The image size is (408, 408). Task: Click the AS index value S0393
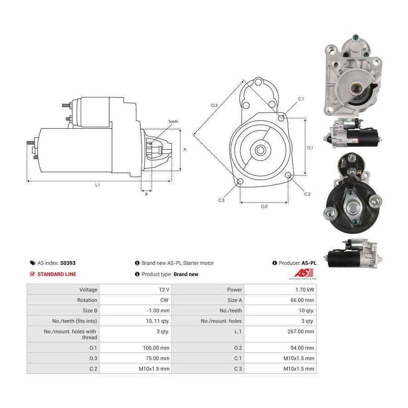tap(68, 263)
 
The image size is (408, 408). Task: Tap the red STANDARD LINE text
tap(57, 274)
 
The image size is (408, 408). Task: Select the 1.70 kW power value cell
tap(305, 290)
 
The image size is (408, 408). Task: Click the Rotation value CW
tap(164, 300)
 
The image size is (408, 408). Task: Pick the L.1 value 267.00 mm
tap(301, 331)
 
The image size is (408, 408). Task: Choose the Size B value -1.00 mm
tap(158, 311)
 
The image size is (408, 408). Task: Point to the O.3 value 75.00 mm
tap(157, 358)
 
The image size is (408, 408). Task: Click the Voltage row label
tap(88, 290)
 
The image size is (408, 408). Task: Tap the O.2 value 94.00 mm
tap(302, 348)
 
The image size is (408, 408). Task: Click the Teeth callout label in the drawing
tap(173, 121)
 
